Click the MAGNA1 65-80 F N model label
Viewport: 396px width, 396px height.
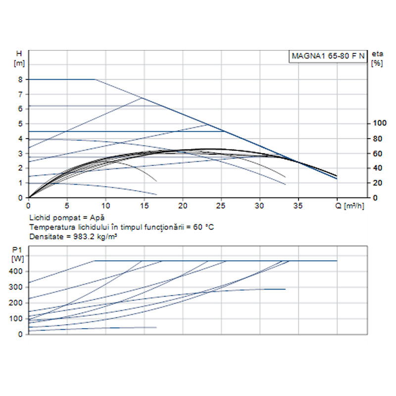[327, 56]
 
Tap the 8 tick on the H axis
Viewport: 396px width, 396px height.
[20, 79]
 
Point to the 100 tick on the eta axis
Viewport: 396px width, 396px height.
[378, 123]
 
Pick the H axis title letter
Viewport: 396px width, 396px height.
[19, 53]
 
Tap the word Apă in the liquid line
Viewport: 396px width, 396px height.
[98, 217]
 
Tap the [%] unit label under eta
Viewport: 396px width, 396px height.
[377, 63]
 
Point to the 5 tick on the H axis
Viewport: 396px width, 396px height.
[20, 123]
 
